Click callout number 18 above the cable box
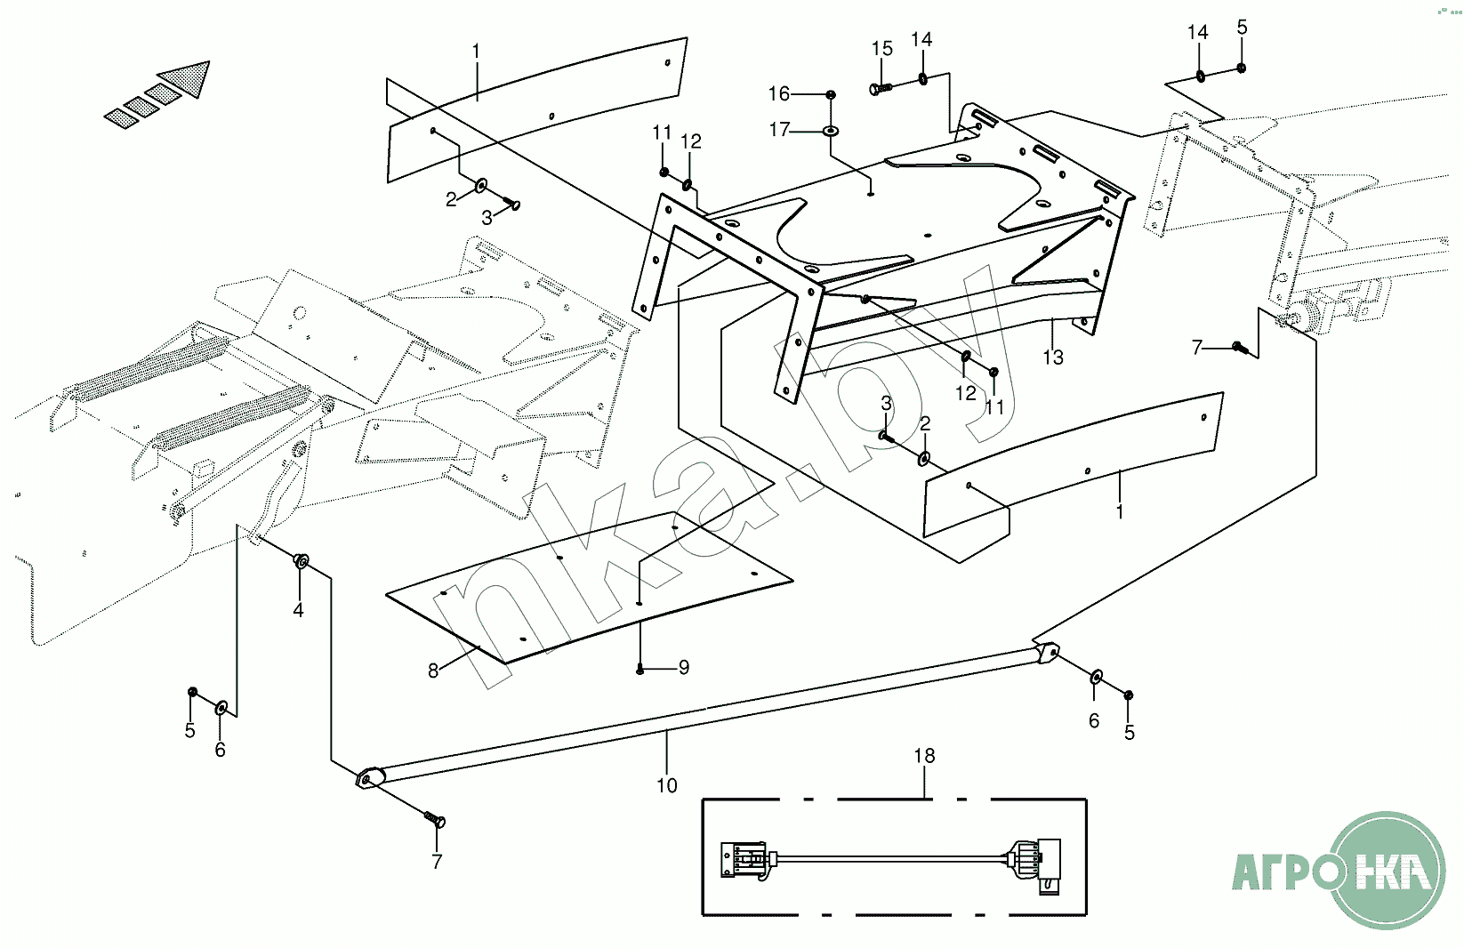click(924, 756)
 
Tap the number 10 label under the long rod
click(667, 785)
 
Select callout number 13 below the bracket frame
click(1053, 358)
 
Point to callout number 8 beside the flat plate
click(432, 671)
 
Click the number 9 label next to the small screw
click(684, 667)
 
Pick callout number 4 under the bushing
click(298, 610)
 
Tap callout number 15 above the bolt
click(881, 48)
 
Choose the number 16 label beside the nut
click(779, 94)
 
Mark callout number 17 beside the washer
click(780, 130)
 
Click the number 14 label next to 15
click(921, 39)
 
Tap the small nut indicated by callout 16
click(831, 95)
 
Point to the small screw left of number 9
click(639, 669)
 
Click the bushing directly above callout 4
click(301, 561)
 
